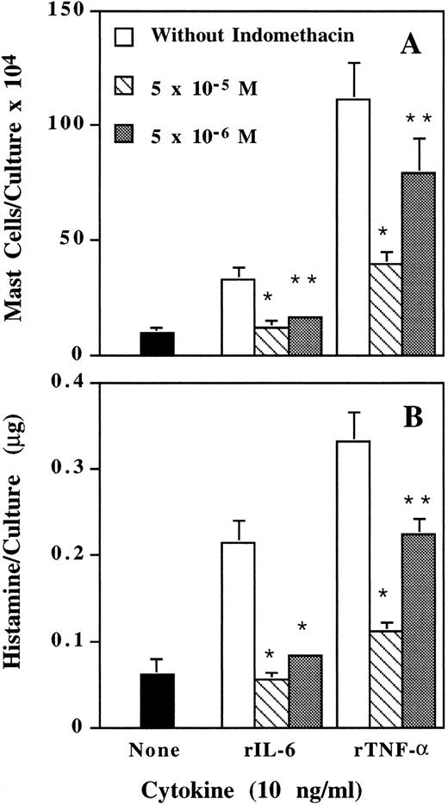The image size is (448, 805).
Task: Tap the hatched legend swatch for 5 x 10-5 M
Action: pos(125,86)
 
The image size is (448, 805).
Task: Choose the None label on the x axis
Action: pos(157,750)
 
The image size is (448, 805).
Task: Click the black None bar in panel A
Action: pos(157,343)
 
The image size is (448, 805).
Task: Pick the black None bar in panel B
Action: pos(157,701)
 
